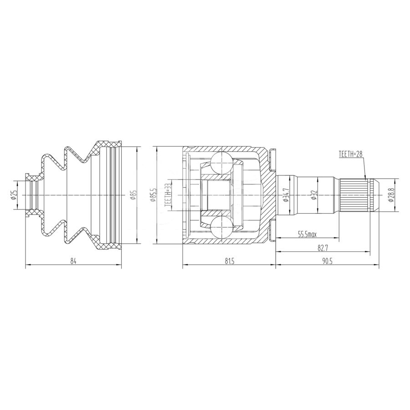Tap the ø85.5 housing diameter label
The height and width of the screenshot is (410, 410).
154,195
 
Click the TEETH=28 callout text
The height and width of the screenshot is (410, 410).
350,154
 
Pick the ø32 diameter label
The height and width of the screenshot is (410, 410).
314,195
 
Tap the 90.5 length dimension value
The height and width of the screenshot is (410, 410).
327,261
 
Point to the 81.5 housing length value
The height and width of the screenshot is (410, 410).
229,261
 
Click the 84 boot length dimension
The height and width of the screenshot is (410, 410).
73,261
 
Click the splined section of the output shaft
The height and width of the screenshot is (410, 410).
354,195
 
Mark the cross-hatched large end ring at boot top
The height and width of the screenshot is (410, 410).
109,145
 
